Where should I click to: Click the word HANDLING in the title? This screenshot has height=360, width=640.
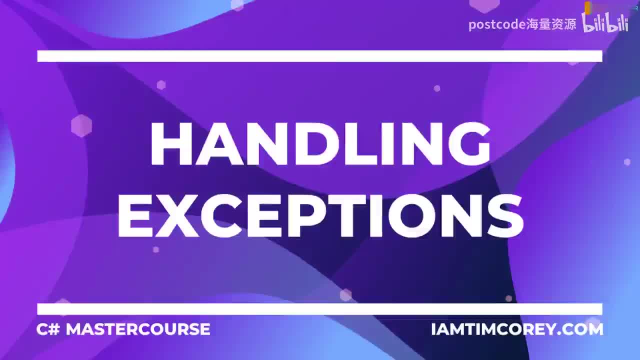(x=320, y=143)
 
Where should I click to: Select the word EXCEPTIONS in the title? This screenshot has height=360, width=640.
(x=320, y=215)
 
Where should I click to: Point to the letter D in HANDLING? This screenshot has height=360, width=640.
(x=309, y=143)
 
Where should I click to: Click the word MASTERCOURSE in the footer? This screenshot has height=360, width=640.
(x=138, y=329)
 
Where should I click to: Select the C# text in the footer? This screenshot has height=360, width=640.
(x=48, y=329)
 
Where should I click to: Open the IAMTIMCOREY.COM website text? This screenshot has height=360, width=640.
(x=517, y=329)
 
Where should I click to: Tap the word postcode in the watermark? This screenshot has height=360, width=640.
(x=497, y=24)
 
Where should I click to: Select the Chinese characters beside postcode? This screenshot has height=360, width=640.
(x=551, y=24)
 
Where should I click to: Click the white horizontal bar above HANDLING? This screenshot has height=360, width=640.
(x=320, y=56)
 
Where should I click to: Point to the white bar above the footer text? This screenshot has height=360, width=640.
(x=320, y=309)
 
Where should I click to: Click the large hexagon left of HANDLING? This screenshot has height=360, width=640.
(x=81, y=125)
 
